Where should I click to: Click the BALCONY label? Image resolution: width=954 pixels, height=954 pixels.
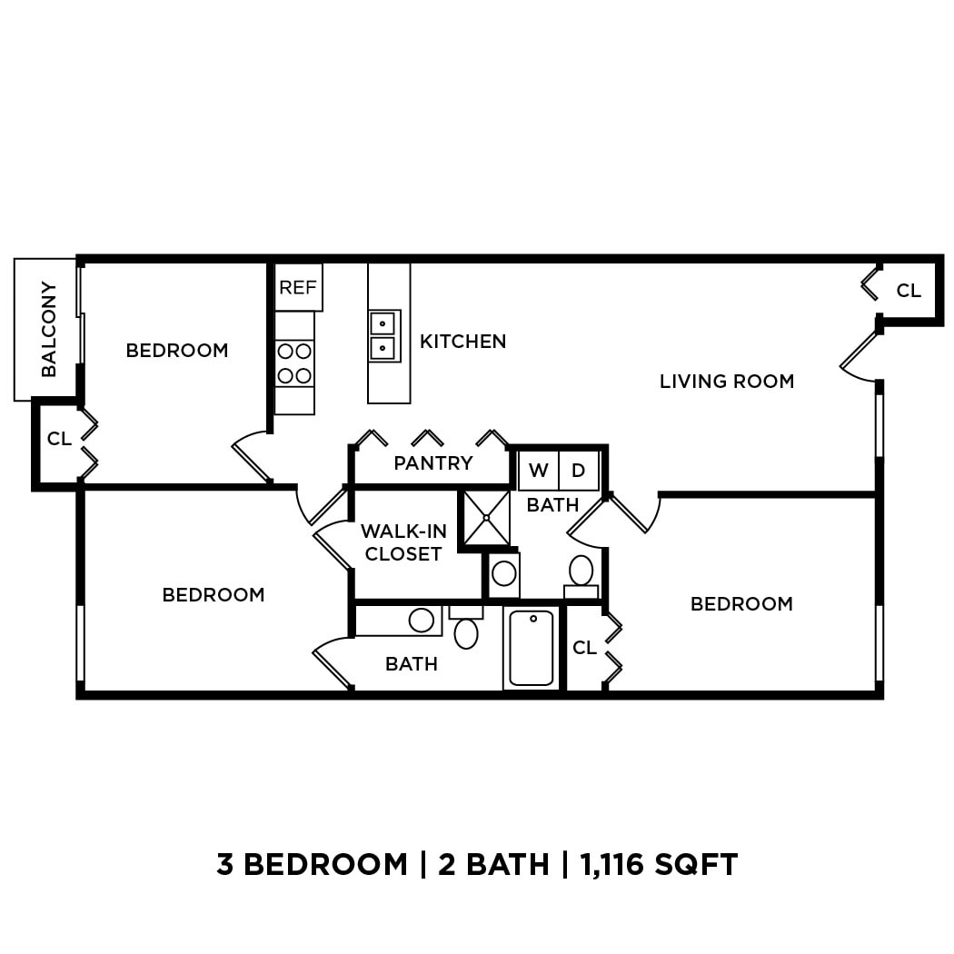pos(48,329)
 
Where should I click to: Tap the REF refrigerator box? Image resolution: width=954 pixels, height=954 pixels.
pos(298,288)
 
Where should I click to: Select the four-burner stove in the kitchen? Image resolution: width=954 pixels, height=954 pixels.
pos(294,363)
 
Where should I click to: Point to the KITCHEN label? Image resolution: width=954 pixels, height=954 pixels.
pos(462,342)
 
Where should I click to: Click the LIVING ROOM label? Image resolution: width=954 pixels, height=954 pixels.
pos(727,382)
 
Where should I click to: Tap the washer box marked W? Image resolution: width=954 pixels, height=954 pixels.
pos(538,471)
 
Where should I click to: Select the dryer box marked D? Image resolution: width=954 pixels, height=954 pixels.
pos(578,471)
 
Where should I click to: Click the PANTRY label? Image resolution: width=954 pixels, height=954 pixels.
pos(433,463)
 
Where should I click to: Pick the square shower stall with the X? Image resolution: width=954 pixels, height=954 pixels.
pos(486,518)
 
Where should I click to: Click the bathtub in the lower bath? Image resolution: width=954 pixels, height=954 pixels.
pos(532,648)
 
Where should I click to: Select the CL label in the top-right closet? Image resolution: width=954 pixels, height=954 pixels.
pos(909,291)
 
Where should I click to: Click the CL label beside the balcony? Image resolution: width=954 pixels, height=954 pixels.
pos(59,440)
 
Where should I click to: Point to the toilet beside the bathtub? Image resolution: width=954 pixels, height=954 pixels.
pos(466,631)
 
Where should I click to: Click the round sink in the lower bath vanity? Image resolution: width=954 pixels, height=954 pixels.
pos(421,621)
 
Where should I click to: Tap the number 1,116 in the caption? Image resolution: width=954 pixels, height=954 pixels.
pos(614,864)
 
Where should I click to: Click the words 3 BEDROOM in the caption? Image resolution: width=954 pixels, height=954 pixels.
pos(312,864)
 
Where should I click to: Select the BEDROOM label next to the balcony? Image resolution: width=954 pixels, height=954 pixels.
pos(177,351)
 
